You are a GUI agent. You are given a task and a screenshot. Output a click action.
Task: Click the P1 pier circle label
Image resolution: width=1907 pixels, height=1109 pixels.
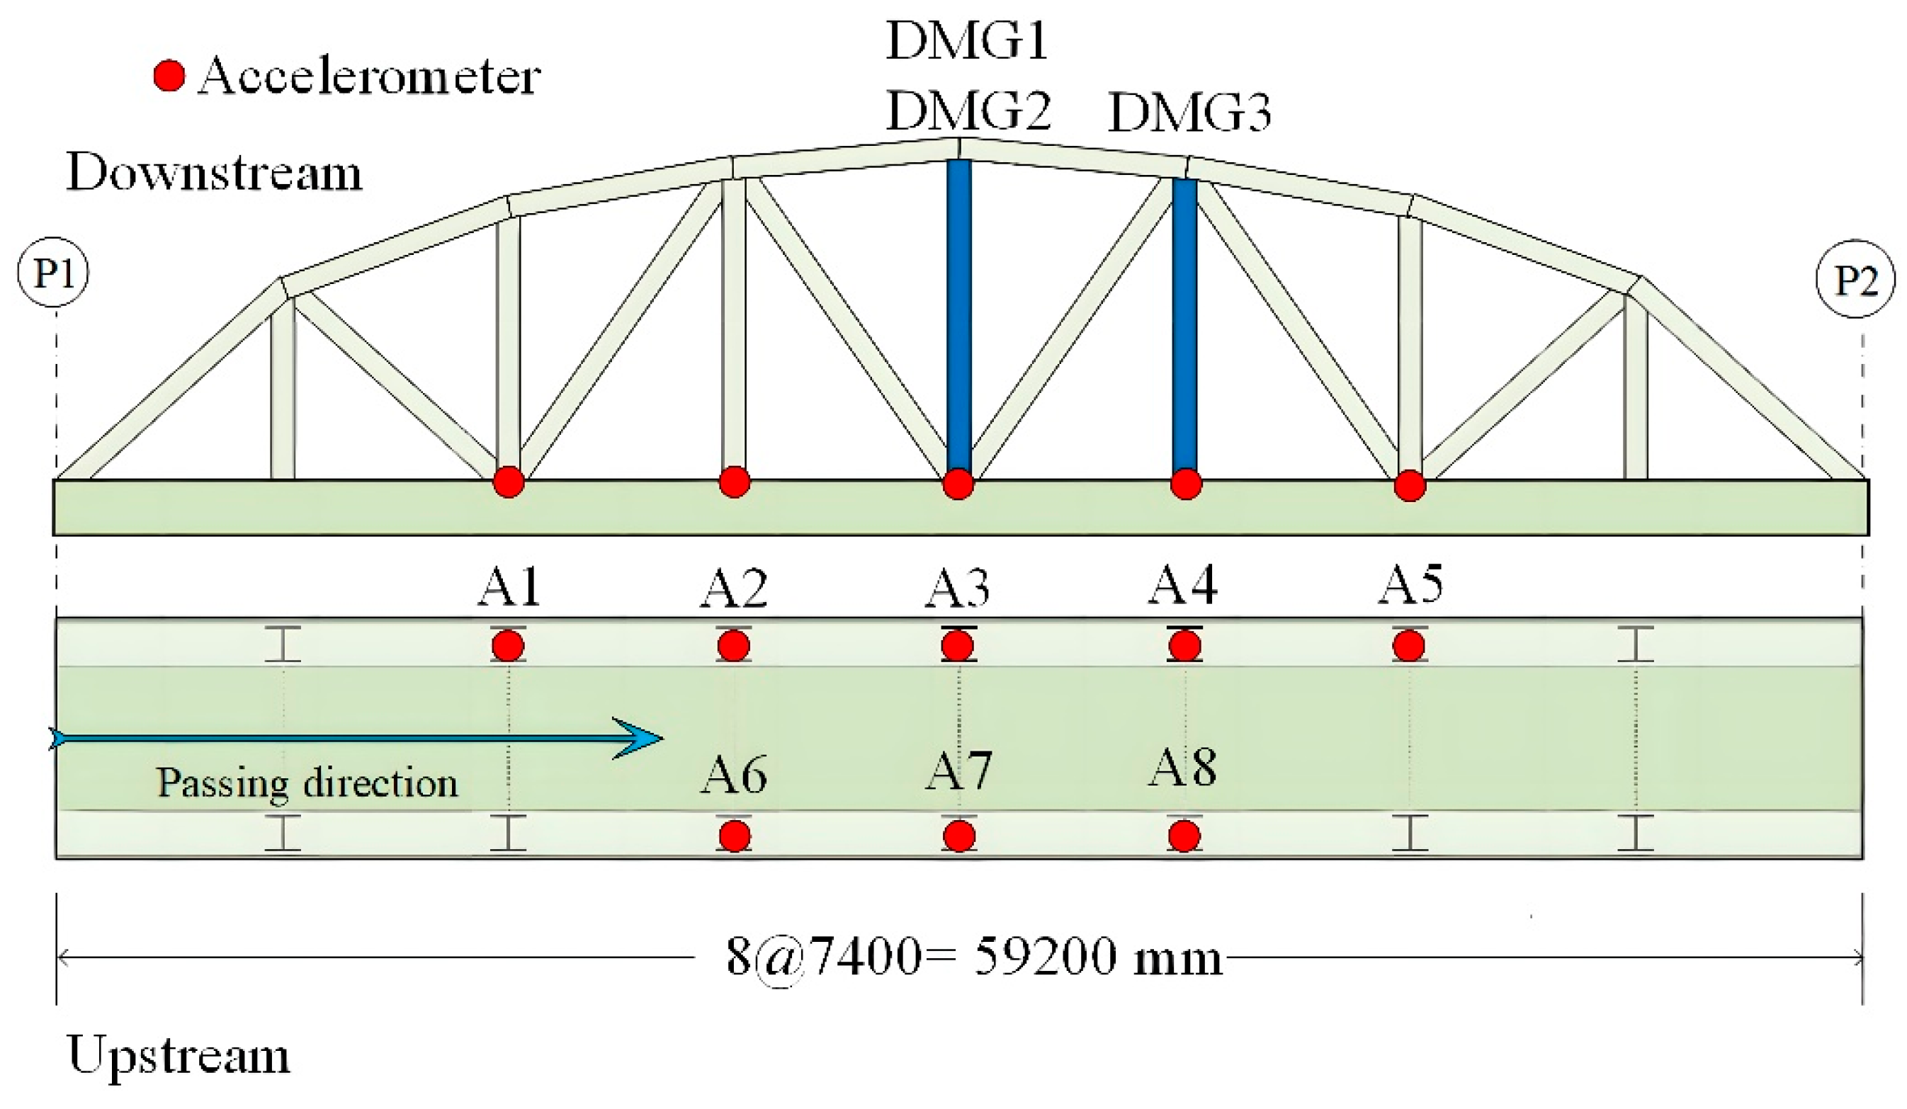(53, 273)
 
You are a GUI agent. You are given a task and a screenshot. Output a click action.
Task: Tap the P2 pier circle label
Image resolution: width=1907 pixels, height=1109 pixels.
(1855, 280)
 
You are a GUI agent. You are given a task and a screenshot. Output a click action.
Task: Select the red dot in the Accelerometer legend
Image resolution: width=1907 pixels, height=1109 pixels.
(169, 76)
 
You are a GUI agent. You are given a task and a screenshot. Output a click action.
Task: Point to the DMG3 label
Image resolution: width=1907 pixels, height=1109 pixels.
(1189, 113)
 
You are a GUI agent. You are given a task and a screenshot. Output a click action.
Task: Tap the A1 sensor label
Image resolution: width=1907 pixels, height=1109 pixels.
(509, 587)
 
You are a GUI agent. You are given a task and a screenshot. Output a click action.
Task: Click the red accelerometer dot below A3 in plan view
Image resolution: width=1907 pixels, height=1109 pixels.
(958, 646)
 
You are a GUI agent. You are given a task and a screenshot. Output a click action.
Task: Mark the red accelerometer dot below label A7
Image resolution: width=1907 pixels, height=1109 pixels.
(958, 836)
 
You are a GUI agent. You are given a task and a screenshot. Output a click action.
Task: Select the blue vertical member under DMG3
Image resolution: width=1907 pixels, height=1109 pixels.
(1184, 325)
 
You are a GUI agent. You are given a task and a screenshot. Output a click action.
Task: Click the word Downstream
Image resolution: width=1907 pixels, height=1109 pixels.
(215, 173)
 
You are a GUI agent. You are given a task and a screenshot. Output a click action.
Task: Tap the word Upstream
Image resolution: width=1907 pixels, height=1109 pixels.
(179, 1054)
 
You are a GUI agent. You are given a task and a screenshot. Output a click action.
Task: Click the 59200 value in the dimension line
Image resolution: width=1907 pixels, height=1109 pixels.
(1044, 957)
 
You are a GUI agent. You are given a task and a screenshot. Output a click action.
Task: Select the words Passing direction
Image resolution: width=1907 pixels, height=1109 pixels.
(307, 783)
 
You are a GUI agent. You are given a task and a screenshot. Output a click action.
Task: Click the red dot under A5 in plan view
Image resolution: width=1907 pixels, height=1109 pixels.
(1408, 646)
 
